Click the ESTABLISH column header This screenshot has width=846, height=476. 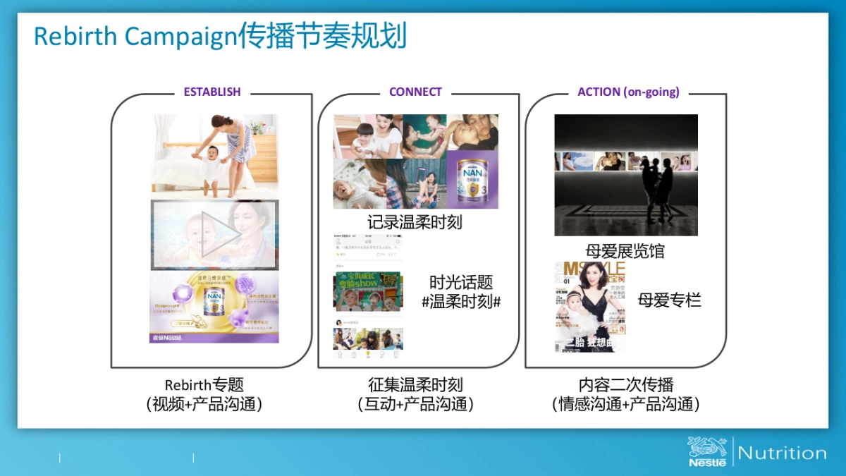coord(211,92)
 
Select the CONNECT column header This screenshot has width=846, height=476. coord(415,92)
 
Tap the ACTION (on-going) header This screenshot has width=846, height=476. coord(628,92)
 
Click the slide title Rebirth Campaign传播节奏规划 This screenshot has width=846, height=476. coord(220,37)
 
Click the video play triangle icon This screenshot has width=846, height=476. coord(215,234)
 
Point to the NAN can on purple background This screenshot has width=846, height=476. coord(472,180)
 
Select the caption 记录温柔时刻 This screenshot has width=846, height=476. coord(415,222)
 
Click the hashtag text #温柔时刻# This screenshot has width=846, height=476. coord(461,302)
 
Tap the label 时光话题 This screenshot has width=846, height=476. coord(461,283)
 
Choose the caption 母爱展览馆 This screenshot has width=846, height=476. coord(625,251)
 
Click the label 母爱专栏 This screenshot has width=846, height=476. coord(669,300)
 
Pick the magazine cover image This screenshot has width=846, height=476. coord(590,306)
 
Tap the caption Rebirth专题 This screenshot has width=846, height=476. coord(204,385)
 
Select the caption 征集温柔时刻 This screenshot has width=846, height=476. coord(415,385)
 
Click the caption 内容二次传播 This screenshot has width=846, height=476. coord(626,385)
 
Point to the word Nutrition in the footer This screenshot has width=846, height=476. coord(782,453)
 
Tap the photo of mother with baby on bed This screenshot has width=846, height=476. coord(214,154)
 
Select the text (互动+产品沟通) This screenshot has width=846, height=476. coord(415,404)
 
